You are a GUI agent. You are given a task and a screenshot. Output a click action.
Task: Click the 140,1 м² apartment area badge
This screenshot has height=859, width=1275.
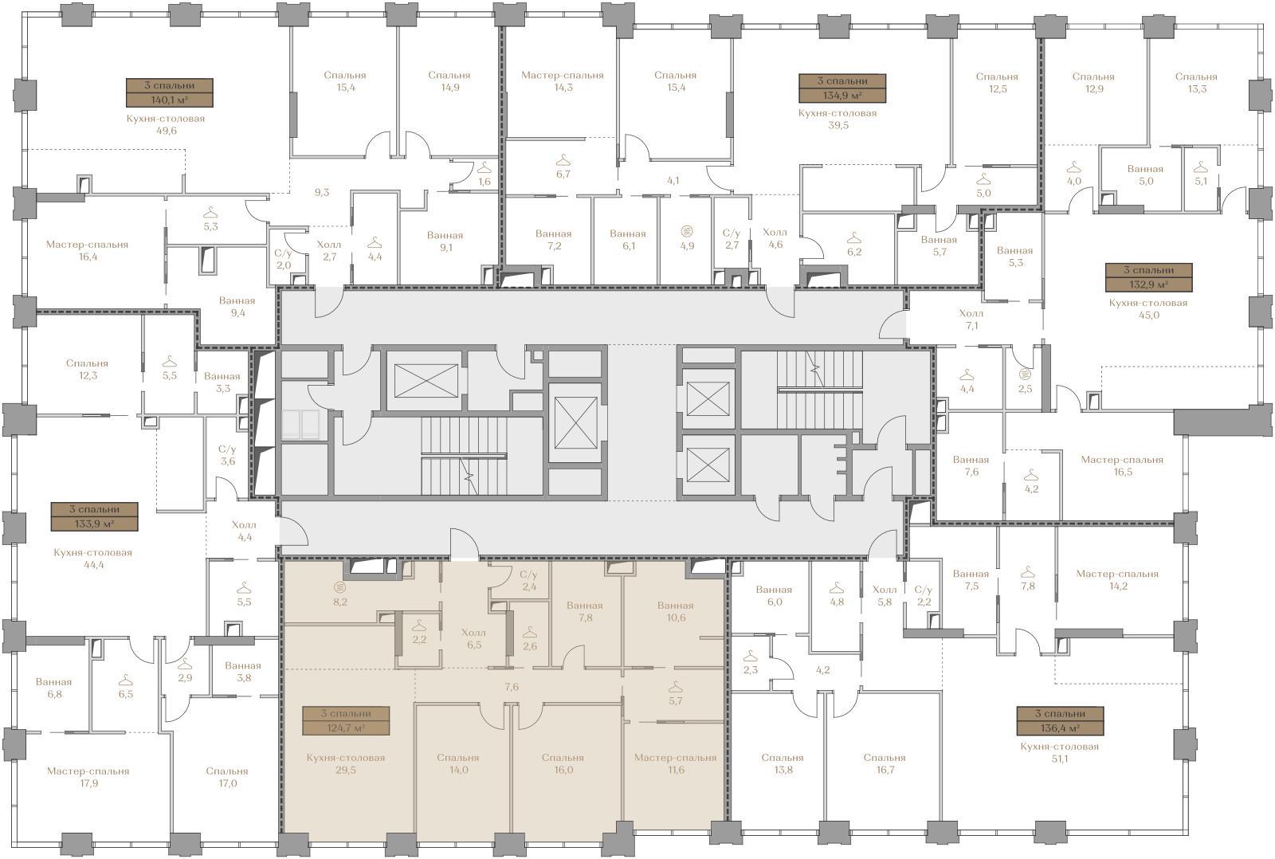coord(170,92)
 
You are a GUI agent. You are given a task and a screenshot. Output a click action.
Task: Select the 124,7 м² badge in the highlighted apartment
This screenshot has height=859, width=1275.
coord(346,720)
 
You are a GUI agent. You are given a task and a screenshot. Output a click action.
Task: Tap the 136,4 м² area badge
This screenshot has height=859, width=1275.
coord(1060,720)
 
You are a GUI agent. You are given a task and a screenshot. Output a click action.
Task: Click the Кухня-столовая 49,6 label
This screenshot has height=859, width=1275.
coord(166,124)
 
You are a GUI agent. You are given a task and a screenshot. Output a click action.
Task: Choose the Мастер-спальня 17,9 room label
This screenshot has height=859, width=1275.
coord(88,777)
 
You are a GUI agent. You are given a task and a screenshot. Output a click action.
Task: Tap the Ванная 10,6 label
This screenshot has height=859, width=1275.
coord(676,611)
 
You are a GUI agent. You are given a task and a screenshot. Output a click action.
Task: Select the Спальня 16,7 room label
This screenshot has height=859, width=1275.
coord(885,763)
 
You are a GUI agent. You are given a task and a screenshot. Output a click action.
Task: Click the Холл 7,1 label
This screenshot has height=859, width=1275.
coord(971,320)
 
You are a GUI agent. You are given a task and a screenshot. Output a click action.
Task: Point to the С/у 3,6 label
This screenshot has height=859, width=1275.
coord(227,455)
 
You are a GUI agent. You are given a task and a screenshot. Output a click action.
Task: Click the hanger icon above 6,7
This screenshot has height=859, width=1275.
coord(563,160)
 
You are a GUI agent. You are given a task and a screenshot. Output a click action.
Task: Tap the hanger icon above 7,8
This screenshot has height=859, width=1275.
coord(1027,571)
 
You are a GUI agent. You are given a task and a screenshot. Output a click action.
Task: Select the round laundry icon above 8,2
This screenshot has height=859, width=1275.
coord(340,587)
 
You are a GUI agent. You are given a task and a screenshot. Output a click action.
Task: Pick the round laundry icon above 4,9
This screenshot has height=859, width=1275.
coord(687,231)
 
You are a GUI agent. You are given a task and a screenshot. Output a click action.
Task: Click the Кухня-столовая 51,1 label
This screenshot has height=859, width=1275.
coord(1059,752)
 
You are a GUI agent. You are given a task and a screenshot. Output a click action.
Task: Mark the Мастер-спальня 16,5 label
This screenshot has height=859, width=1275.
coord(1123,465)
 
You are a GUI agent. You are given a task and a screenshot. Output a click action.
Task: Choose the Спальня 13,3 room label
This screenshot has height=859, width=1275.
coord(1196,83)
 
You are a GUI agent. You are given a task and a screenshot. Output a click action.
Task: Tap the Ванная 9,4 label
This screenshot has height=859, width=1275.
coord(237,307)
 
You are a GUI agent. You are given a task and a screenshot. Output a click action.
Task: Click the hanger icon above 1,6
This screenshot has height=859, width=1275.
coord(484,168)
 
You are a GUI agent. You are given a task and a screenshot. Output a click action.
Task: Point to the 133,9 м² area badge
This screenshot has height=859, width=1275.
coord(95,516)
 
